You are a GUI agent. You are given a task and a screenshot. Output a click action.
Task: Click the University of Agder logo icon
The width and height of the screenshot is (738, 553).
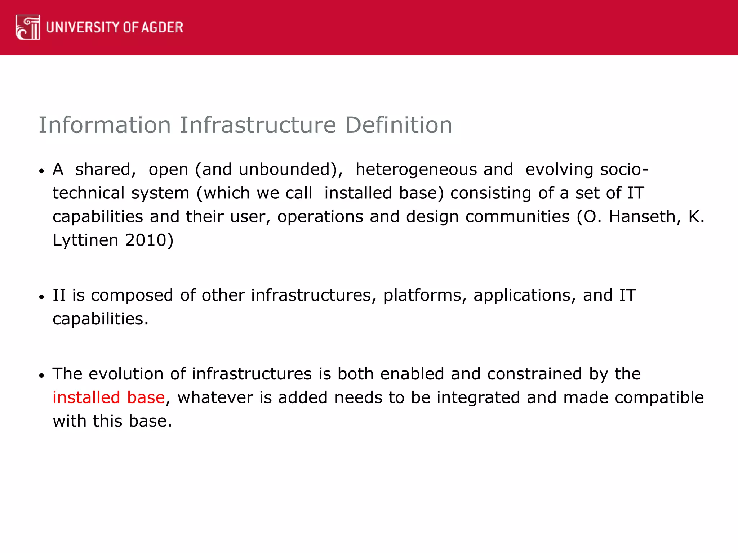[28, 27]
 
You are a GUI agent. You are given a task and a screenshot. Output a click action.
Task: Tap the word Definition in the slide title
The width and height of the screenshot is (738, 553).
[399, 125]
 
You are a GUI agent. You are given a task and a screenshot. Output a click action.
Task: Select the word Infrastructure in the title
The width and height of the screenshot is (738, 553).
[258, 125]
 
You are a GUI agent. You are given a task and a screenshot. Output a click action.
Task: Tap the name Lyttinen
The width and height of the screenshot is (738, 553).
[85, 240]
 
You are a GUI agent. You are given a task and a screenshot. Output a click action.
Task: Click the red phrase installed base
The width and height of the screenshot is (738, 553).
[108, 397]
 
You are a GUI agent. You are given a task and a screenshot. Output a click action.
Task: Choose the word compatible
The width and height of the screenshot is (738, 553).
[659, 397]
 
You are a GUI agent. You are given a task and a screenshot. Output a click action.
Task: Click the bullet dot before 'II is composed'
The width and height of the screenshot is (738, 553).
[42, 297]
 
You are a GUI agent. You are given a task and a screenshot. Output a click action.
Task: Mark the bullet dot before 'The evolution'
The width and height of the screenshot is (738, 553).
[42, 376]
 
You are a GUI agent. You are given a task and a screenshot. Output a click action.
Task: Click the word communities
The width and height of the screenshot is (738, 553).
[517, 217]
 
